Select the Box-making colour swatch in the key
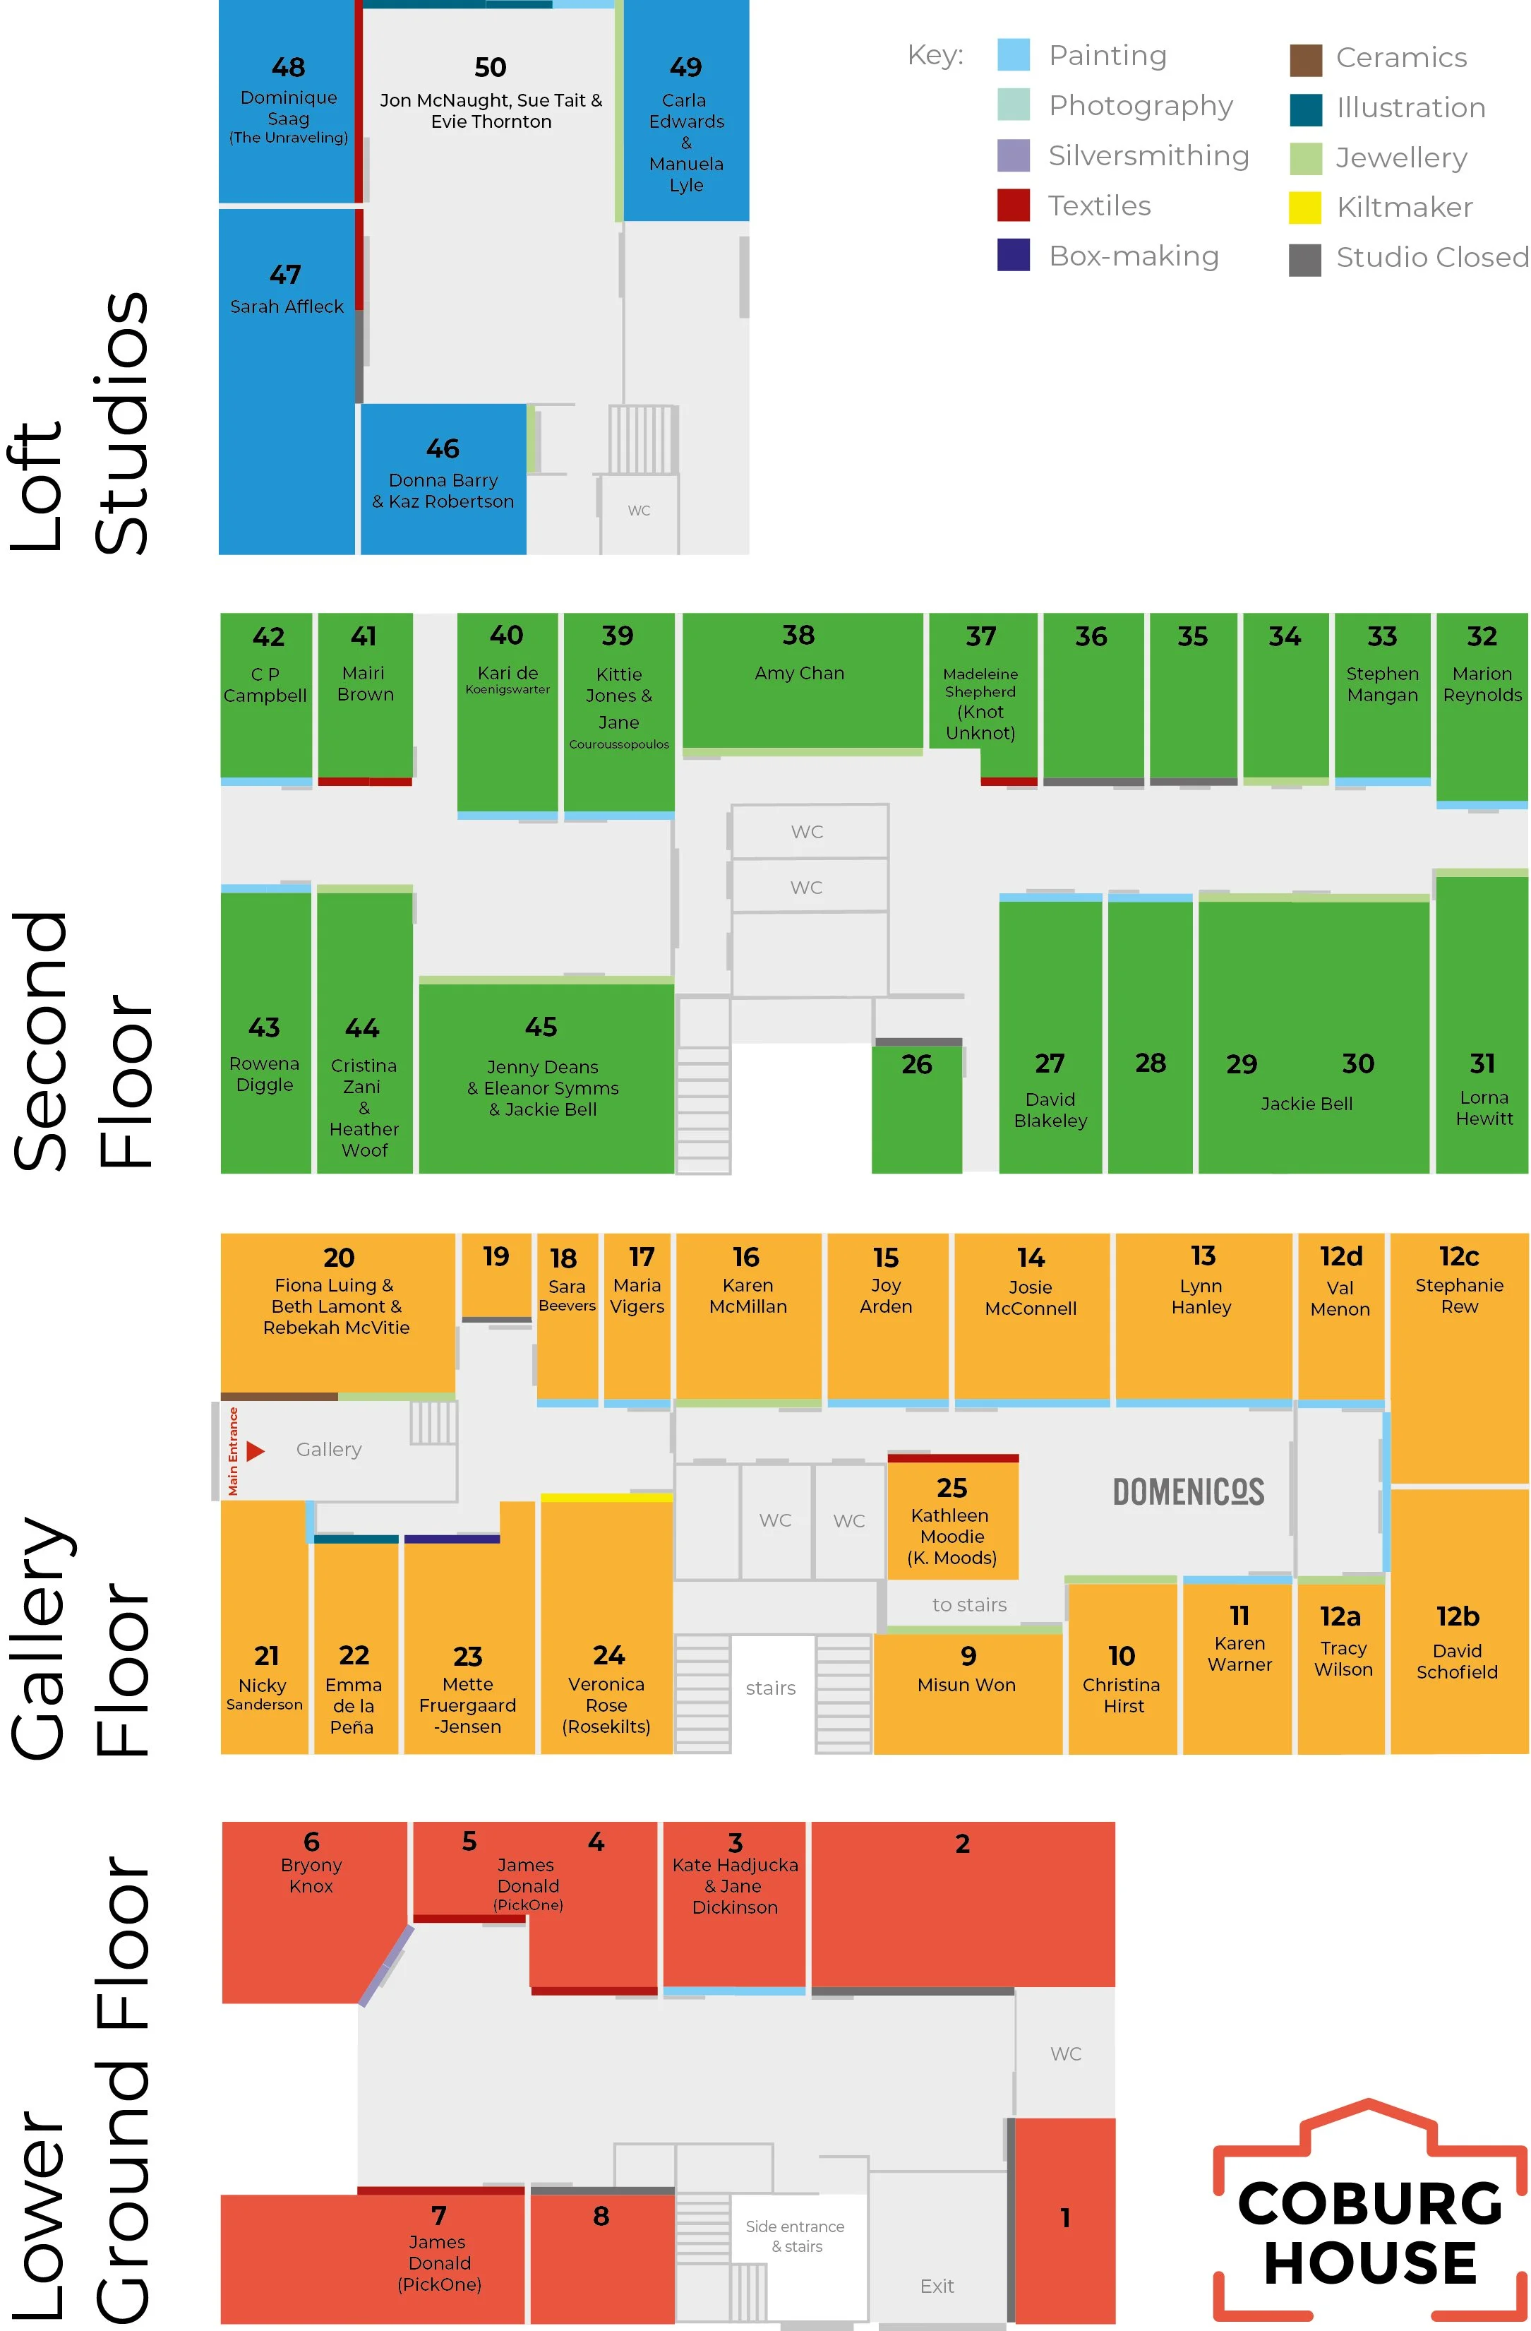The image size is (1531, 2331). [x=1013, y=256]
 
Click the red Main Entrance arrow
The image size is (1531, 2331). [x=256, y=1450]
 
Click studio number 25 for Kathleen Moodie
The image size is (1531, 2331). [x=951, y=1489]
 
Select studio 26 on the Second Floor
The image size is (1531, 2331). [x=916, y=1065]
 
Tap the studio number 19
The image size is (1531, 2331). [x=496, y=1256]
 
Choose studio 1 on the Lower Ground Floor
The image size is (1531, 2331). [x=1065, y=2217]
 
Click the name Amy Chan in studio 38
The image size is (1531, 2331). [x=799, y=673]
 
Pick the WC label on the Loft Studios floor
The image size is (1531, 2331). [x=638, y=511]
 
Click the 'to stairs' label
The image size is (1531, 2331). [x=969, y=1604]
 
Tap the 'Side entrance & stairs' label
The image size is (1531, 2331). [x=795, y=2236]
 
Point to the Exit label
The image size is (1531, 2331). [x=937, y=2286]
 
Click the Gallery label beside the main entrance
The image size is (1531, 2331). [x=329, y=1450]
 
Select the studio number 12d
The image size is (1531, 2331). [x=1340, y=1256]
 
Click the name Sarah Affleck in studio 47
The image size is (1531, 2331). [x=287, y=306]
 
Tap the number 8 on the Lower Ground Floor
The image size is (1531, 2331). [x=601, y=2217]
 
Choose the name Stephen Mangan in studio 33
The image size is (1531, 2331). [x=1381, y=684]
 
